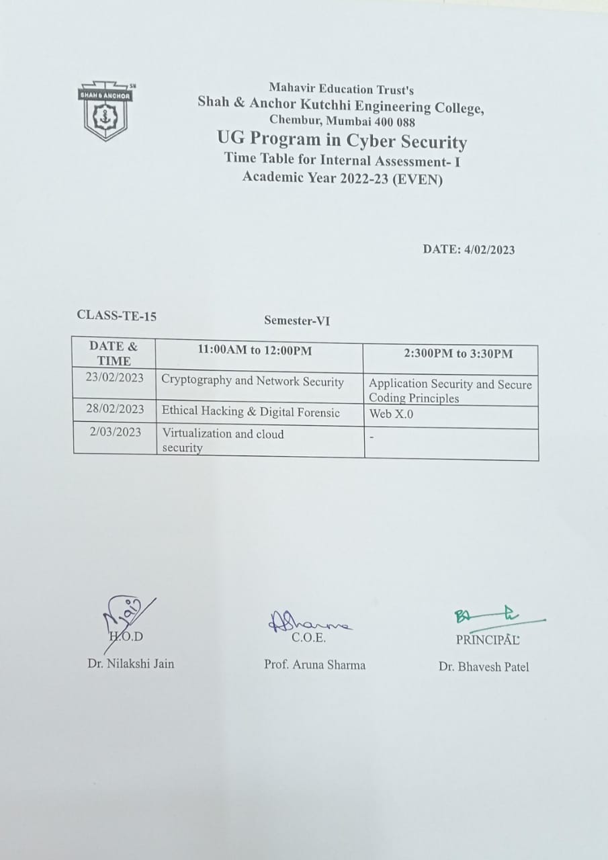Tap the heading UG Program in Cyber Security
click(342, 142)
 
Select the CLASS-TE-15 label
click(117, 315)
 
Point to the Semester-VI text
click(297, 321)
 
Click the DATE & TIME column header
click(114, 353)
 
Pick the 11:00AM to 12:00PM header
click(255, 350)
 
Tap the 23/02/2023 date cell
click(115, 378)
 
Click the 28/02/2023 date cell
click(115, 408)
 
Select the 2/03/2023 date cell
click(116, 432)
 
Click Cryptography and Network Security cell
click(253, 382)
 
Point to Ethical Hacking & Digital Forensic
click(251, 413)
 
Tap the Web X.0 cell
click(392, 414)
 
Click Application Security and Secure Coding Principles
click(450, 391)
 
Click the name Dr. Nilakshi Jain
click(130, 664)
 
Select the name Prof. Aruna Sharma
click(314, 665)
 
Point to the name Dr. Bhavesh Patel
click(484, 667)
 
